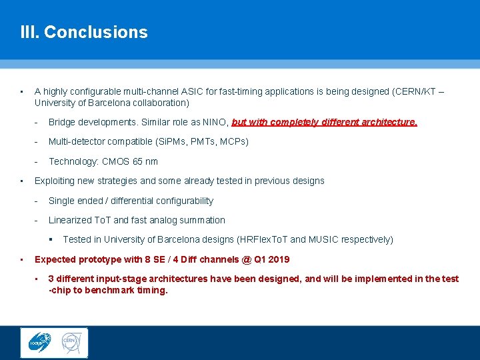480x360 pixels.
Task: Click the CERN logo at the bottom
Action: [71, 342]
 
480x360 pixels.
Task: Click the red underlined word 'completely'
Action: [280, 122]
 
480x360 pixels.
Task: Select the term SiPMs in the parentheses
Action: [172, 141]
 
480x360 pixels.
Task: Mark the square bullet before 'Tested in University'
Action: [50, 239]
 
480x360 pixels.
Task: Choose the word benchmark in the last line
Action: [111, 290]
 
